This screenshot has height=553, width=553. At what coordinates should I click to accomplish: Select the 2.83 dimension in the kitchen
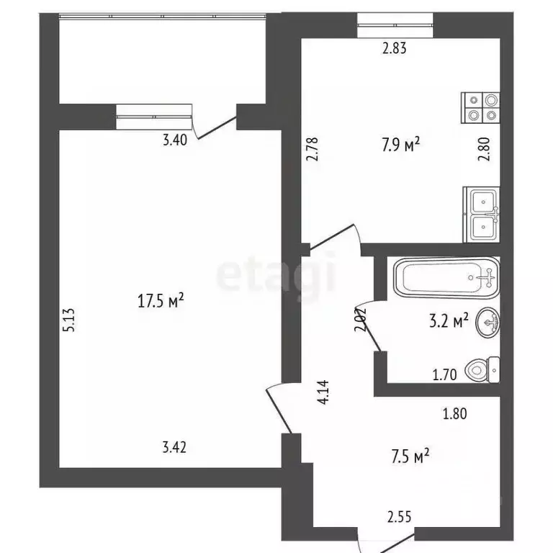click(395, 49)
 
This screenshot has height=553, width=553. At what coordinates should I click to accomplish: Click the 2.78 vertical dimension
click(312, 153)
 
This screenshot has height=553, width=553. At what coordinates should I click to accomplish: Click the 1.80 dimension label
click(455, 414)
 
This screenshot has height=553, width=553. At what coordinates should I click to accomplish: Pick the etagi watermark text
click(276, 276)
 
